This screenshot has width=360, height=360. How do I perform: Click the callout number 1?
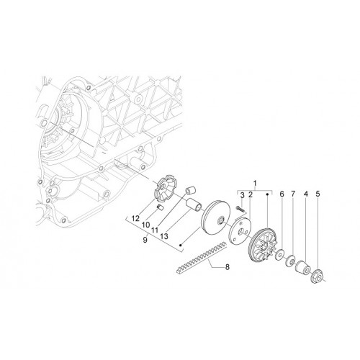[x=255, y=184]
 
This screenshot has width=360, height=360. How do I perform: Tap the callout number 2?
[x=251, y=195]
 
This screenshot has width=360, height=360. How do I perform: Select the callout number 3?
[x=243, y=195]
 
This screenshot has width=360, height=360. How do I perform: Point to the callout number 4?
[x=305, y=194]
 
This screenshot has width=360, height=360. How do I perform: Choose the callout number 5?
[x=318, y=194]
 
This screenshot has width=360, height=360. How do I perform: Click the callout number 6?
[x=282, y=194]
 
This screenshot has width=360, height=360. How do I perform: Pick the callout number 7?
[x=293, y=194]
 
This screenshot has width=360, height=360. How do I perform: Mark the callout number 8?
[x=227, y=266]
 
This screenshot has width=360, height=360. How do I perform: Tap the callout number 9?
[x=145, y=240]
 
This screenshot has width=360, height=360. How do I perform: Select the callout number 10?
[x=145, y=225]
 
